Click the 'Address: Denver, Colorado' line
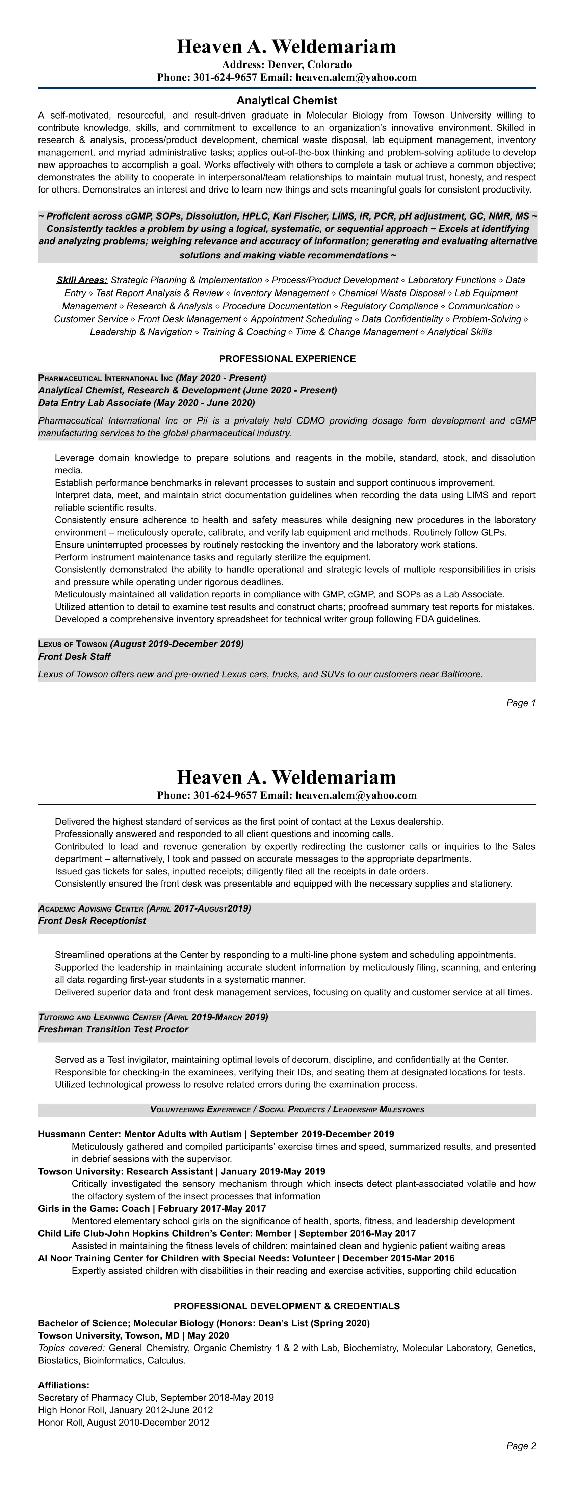pyautogui.click(x=287, y=65)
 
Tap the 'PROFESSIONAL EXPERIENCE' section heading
pyautogui.click(x=287, y=359)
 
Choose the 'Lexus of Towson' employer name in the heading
pyautogui.click(x=73, y=644)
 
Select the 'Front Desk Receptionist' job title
pyautogui.click(x=92, y=921)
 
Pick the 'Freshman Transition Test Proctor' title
pyautogui.click(x=113, y=1029)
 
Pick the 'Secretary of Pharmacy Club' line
pyautogui.click(x=98, y=1398)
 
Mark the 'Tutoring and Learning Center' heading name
pyautogui.click(x=100, y=1017)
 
